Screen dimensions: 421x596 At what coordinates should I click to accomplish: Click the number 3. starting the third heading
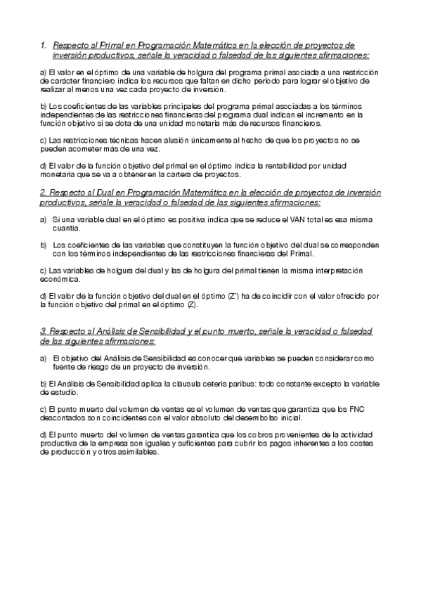coord(43,331)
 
